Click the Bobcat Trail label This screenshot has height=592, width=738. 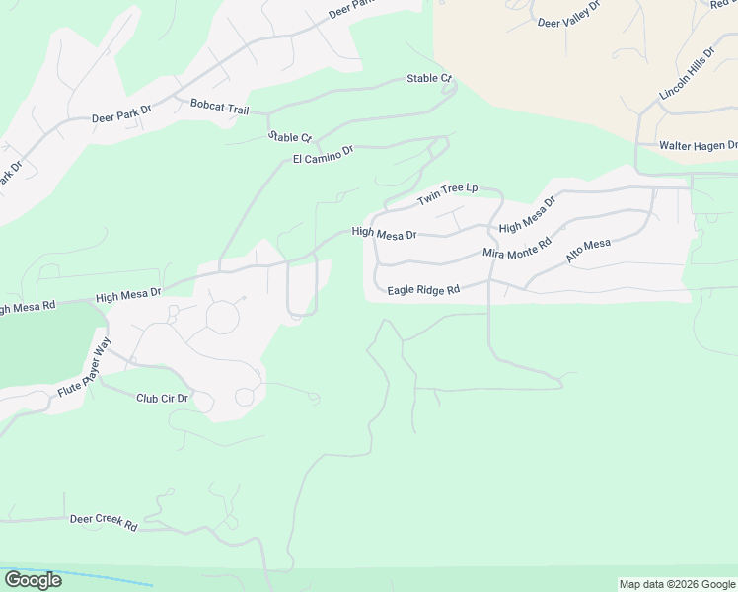219,104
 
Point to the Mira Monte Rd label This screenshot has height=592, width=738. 517,248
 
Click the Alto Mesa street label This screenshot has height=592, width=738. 589,251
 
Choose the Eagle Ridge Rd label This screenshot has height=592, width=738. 424,290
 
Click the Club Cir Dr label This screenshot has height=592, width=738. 162,398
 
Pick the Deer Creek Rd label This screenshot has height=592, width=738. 103,522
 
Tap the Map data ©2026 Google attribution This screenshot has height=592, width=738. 676,584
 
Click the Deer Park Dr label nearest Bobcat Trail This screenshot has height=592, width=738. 120,115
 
